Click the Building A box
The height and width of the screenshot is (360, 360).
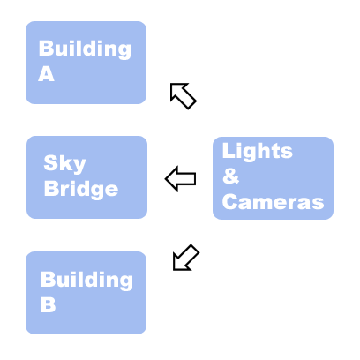coord(86,63)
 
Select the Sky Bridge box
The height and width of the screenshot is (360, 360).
coord(86,177)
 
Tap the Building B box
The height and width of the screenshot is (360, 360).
coord(86,293)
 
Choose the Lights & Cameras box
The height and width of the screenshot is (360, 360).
coord(273,178)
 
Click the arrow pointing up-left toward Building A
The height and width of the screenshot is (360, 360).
coord(183,95)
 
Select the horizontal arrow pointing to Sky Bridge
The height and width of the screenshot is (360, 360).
coord(180,178)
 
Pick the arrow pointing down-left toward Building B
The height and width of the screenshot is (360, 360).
coord(186,258)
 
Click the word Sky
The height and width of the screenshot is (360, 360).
coord(64,164)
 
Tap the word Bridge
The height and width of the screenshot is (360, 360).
coord(81,189)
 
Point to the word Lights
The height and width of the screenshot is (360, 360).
coord(258,151)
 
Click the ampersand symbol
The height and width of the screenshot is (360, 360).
coord(230,176)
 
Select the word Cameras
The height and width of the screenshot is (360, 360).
coord(273,202)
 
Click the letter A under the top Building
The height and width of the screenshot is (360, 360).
coord(46,73)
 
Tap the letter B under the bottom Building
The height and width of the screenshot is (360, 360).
coord(48,304)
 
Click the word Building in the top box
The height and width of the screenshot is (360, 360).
coord(85,49)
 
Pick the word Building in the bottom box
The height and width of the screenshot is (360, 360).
coord(86,280)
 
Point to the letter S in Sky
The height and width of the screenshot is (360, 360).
coord(50,162)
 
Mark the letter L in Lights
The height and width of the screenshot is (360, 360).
coord(229,150)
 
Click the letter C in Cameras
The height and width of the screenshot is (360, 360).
coord(229,202)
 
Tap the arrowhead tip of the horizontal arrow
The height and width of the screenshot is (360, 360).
coord(165,178)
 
